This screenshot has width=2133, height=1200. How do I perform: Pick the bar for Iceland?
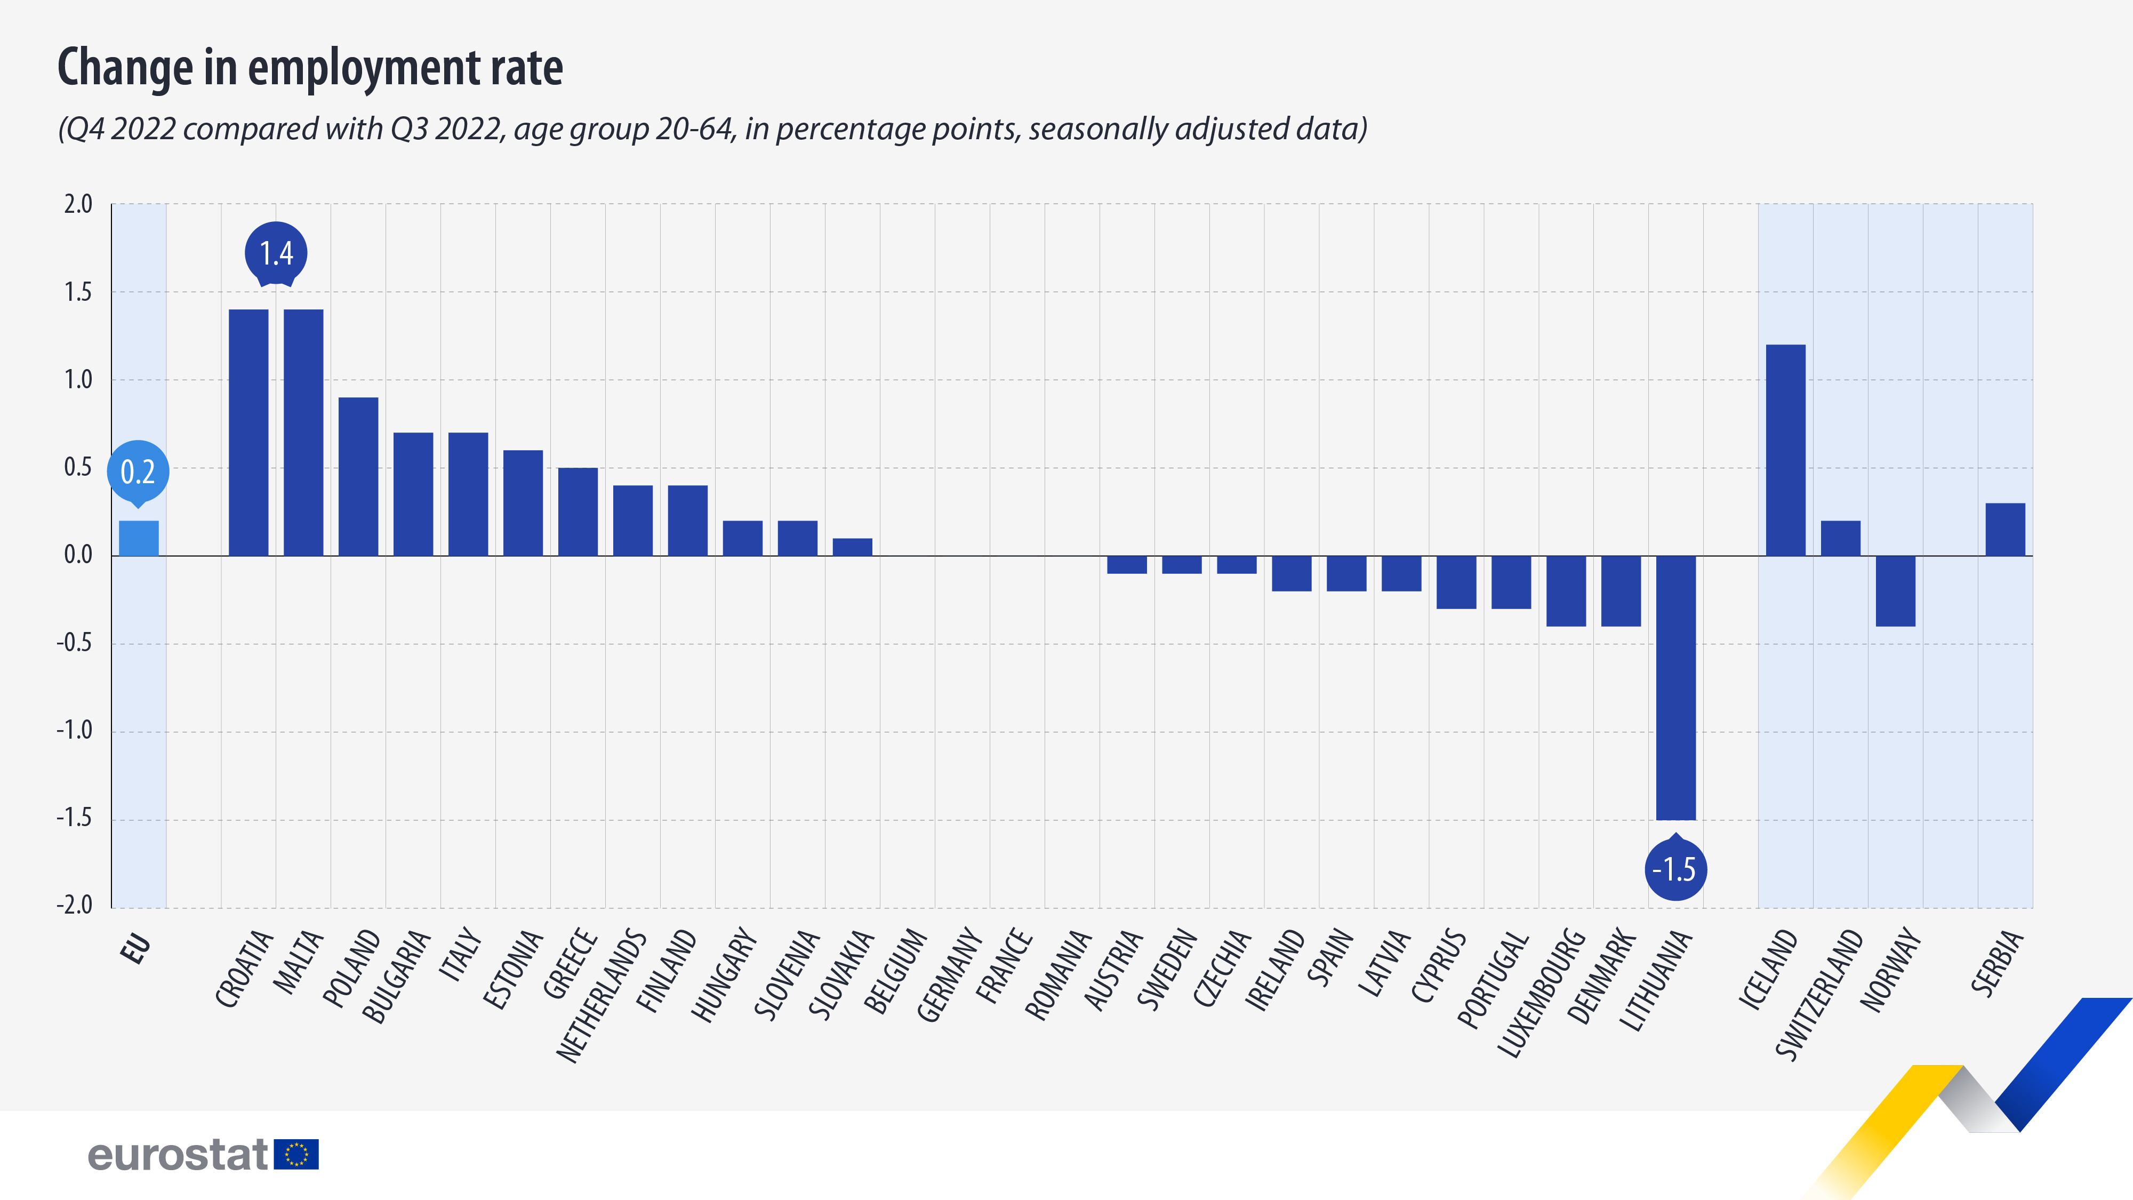(1785, 450)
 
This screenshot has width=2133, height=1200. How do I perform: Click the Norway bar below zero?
(1895, 590)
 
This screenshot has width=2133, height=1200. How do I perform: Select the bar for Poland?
(358, 476)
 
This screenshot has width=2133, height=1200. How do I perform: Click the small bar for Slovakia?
(852, 547)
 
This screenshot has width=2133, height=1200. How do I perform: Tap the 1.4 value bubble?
(276, 253)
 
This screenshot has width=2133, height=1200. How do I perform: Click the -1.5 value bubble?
(1674, 869)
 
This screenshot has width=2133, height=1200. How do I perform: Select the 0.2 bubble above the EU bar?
(138, 472)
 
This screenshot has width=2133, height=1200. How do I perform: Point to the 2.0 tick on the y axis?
(78, 204)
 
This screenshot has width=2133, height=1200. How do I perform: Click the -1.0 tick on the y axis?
(75, 731)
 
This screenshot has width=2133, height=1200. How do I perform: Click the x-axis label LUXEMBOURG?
(1542, 994)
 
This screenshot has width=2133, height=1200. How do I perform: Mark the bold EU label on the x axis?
(136, 948)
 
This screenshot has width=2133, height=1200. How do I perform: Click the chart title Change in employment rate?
(310, 67)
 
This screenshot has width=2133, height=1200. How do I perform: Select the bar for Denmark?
(1621, 590)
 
